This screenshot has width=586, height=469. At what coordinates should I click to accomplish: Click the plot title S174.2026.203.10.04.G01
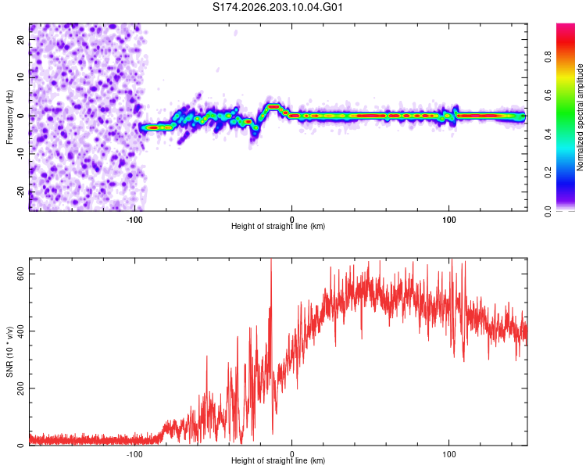click(277, 7)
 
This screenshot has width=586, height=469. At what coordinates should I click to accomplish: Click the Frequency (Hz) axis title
click(9, 117)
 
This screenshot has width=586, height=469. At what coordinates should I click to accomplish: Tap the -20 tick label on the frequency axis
click(20, 192)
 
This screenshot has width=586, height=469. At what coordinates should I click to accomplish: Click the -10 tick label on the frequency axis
click(20, 154)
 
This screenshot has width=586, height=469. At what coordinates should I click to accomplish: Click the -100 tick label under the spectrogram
click(134, 220)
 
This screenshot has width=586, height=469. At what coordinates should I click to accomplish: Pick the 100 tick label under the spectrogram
click(448, 220)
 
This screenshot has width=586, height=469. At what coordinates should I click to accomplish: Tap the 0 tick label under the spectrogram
click(292, 220)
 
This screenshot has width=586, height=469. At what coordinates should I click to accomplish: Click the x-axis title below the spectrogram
click(278, 226)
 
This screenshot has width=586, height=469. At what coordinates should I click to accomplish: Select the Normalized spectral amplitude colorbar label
click(580, 117)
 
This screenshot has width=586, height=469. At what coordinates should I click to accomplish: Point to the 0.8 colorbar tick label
click(548, 57)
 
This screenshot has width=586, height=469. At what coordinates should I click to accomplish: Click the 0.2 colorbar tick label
click(548, 173)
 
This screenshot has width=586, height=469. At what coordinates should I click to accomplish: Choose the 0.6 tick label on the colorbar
click(548, 95)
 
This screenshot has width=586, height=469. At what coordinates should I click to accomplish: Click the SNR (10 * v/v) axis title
click(9, 352)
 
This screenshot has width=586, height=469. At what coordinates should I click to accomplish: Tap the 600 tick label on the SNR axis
click(20, 274)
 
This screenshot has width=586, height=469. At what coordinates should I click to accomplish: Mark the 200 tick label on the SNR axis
click(20, 388)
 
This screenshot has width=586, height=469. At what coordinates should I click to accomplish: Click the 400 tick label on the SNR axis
click(20, 331)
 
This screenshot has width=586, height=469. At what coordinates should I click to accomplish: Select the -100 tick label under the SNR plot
click(134, 454)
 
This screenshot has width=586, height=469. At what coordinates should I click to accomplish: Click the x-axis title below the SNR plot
click(278, 460)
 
